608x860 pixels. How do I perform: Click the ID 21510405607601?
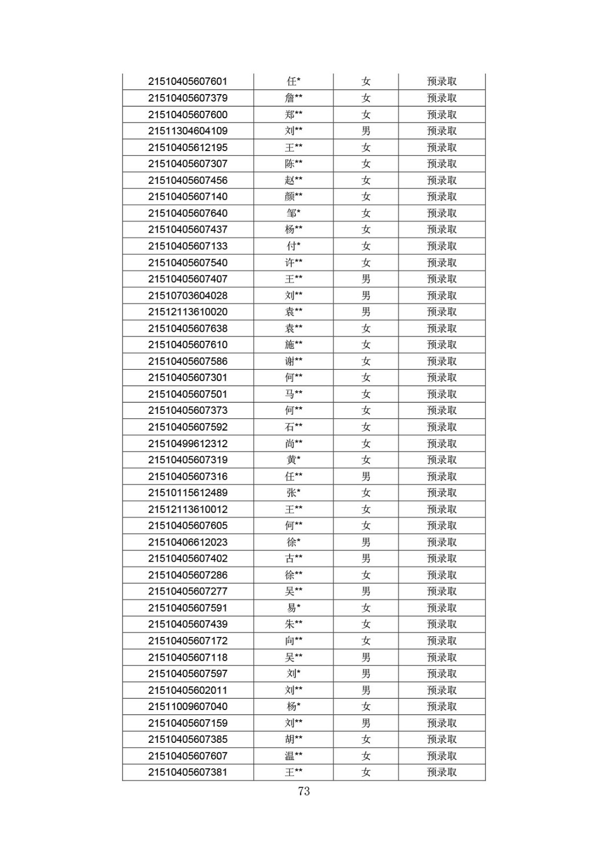[188, 82]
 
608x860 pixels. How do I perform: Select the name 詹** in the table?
[294, 98]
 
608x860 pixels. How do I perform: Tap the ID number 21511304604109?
[188, 131]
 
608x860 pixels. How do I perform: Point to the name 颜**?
[294, 197]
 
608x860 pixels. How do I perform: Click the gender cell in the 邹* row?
[366, 213]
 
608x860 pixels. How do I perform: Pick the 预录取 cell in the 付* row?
[441, 246]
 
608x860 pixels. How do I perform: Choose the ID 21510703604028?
[188, 296]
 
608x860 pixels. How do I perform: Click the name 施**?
[294, 345]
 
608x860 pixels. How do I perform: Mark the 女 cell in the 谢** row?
[366, 361]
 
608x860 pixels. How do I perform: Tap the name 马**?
[294, 394]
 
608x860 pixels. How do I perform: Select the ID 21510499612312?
[188, 443]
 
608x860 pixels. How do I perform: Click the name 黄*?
[294, 460]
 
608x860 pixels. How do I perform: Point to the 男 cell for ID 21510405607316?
[366, 476]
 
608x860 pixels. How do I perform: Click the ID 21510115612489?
[188, 493]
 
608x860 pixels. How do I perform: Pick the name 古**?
[294, 558]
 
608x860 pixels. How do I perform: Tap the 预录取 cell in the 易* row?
[441, 608]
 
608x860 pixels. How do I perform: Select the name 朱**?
[294, 624]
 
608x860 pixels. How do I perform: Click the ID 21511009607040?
[188, 706]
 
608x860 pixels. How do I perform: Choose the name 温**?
[294, 756]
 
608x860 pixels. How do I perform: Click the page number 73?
[304, 791]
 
